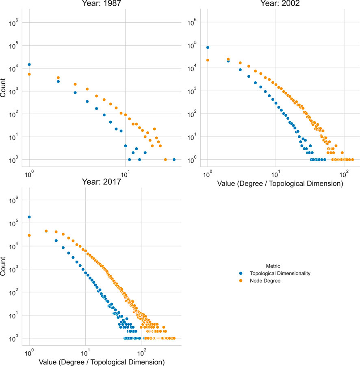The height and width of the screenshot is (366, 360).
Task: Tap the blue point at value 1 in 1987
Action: (29, 65)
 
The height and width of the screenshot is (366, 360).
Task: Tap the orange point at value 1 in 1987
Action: (29, 74)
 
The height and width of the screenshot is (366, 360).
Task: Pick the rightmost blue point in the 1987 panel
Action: (174, 159)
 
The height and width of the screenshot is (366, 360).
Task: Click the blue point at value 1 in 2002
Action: (208, 48)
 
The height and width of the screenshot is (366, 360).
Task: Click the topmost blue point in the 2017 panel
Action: (29, 217)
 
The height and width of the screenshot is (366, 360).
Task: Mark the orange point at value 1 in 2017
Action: (29, 235)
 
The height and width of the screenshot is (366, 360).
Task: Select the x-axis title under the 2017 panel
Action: (101, 362)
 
